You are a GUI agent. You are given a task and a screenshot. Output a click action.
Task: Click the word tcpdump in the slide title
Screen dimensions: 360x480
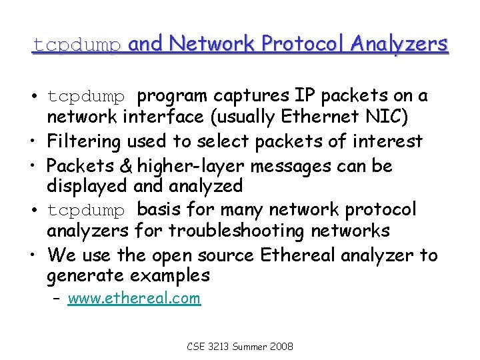point(77,45)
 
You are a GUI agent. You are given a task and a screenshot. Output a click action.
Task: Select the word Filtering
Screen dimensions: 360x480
point(85,141)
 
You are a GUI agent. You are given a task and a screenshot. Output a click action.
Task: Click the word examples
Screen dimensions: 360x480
point(169,276)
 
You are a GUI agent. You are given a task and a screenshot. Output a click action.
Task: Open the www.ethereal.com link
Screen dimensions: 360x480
point(134,298)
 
